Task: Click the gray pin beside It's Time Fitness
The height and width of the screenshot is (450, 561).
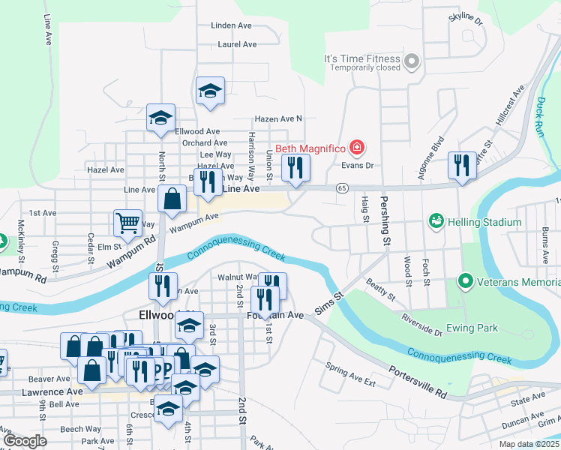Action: coord(410,61)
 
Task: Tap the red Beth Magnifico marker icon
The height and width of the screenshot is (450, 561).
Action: coord(357,147)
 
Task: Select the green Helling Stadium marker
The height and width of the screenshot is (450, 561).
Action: coord(435,221)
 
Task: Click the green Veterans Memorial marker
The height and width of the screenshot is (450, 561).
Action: coord(465,282)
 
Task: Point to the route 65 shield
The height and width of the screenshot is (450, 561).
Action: coord(342,187)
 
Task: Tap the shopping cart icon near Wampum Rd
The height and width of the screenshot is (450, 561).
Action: coord(127,223)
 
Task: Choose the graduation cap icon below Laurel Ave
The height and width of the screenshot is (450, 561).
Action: coord(210,91)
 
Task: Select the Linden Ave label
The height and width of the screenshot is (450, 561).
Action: coord(231,25)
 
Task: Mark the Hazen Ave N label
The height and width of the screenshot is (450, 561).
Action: coord(277,118)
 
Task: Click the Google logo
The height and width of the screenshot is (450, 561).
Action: coord(25,440)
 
